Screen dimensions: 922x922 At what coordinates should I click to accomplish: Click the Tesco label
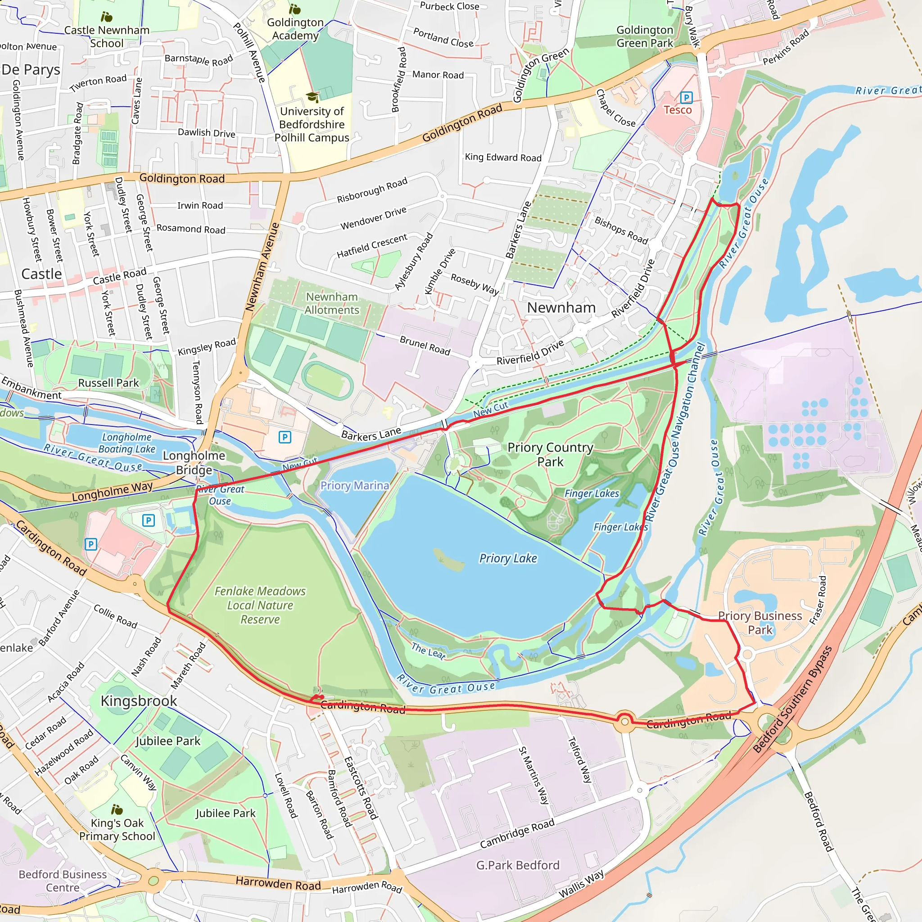point(677,110)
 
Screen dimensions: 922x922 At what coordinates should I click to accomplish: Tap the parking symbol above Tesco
point(686,98)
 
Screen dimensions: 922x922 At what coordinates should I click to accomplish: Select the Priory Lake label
point(508,558)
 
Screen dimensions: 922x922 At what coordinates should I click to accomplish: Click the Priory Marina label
point(354,485)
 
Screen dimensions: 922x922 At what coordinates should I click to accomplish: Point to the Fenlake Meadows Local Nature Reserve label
point(260,605)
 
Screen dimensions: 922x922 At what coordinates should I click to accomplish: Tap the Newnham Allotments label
point(332,303)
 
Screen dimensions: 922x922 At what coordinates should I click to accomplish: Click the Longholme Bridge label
point(194,462)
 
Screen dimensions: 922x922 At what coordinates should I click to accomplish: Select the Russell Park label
point(108,383)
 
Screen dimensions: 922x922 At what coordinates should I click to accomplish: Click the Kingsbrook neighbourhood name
point(138,701)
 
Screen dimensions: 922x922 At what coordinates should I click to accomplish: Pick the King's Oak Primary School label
point(117,829)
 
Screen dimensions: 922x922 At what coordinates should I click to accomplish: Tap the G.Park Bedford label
point(517,865)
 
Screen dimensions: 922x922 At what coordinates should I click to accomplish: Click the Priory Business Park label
point(760,623)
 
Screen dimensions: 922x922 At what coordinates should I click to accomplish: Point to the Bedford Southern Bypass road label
point(792,700)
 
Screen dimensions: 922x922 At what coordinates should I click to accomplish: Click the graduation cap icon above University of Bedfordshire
point(312,97)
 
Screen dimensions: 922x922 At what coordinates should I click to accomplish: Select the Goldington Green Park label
point(644,36)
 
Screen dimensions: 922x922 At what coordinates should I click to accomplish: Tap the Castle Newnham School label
point(107,36)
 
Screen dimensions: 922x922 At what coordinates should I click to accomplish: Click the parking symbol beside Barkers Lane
point(285,437)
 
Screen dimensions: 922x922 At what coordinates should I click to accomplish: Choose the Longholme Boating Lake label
point(127,443)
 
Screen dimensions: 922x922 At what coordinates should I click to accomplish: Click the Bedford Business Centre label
point(63,881)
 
